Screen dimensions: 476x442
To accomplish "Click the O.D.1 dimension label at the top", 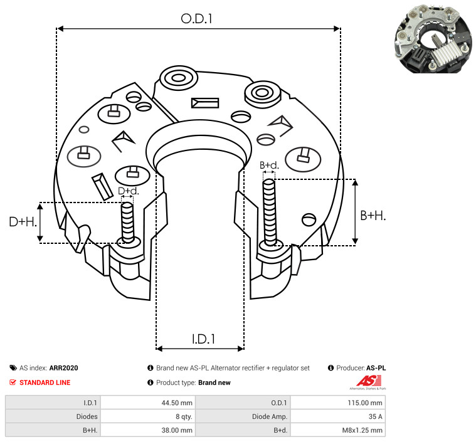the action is [x=196, y=19].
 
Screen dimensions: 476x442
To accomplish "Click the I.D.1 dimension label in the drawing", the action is [x=203, y=339].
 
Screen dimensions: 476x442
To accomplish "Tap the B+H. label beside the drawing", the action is [x=373, y=216].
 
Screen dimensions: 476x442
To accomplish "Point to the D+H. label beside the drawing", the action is [x=23, y=222].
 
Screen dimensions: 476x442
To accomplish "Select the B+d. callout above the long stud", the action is [x=269, y=165].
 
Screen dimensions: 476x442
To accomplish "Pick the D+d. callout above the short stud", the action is [x=129, y=191].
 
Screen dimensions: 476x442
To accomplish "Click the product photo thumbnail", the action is [x=433, y=38].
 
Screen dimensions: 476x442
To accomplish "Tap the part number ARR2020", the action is [x=64, y=368].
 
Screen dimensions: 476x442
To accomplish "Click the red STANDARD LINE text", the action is [x=45, y=382].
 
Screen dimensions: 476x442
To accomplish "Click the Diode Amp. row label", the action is [x=270, y=416].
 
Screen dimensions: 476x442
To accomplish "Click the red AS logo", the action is [x=369, y=381].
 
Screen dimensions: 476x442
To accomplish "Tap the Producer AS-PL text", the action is [x=357, y=368].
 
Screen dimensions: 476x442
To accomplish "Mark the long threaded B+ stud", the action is [x=270, y=212].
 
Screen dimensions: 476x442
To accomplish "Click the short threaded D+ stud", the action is [x=127, y=223].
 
